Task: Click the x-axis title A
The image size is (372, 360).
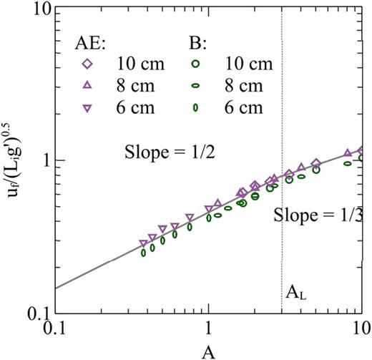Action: click(x=208, y=350)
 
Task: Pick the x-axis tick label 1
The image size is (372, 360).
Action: click(x=208, y=331)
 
